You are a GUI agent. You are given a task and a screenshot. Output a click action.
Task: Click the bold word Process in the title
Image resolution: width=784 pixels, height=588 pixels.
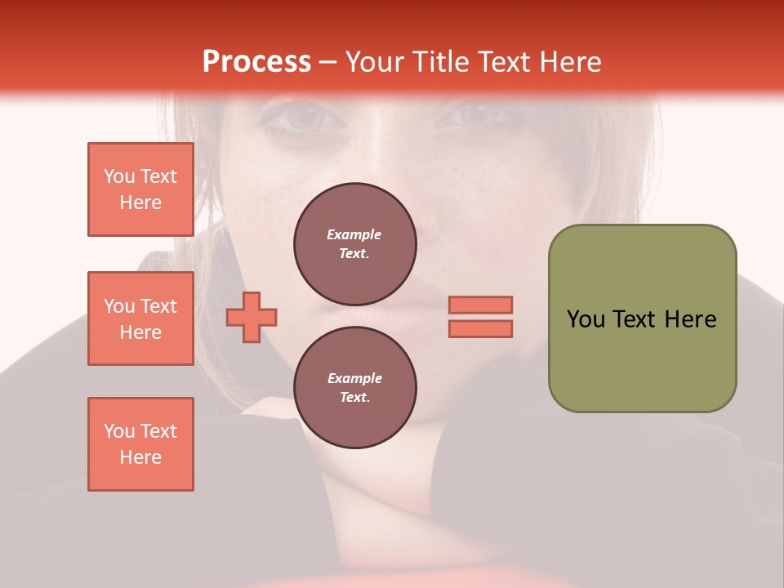pyautogui.click(x=256, y=62)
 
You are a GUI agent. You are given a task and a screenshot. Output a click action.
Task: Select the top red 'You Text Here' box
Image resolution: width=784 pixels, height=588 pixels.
pyautogui.click(x=140, y=189)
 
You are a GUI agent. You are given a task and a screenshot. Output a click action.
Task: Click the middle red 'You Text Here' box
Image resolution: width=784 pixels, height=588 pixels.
pyautogui.click(x=140, y=318)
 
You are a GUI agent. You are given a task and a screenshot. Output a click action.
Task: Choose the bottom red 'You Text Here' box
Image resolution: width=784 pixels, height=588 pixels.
pyautogui.click(x=140, y=444)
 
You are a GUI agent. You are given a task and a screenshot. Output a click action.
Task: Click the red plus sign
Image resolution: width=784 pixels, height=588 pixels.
pyautogui.click(x=252, y=317)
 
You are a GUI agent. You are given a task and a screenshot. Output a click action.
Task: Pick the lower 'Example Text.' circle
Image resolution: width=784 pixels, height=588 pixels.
pyautogui.click(x=354, y=387)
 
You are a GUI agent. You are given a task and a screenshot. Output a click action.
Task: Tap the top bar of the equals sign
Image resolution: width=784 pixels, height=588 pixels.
pyautogui.click(x=480, y=305)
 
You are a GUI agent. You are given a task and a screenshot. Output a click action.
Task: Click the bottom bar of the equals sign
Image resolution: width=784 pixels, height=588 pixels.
pyautogui.click(x=480, y=328)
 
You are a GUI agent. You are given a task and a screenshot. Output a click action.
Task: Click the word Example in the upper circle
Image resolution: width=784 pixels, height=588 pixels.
pyautogui.click(x=354, y=234)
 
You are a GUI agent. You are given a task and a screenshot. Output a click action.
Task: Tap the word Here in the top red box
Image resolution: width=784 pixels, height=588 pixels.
pyautogui.click(x=140, y=203)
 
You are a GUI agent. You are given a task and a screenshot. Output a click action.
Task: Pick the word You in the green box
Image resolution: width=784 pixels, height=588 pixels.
pyautogui.click(x=586, y=319)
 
